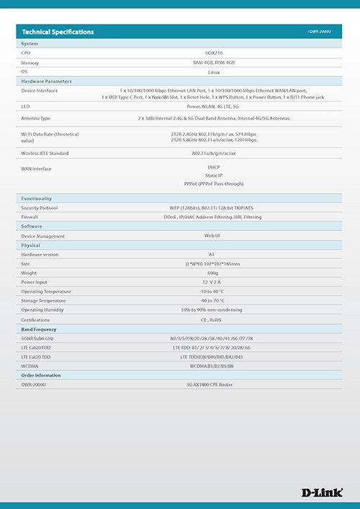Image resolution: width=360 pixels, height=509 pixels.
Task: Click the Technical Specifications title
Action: click(x=58, y=32)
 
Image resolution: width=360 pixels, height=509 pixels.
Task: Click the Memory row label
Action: click(x=30, y=63)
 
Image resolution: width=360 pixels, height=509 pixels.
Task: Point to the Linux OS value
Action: click(x=213, y=72)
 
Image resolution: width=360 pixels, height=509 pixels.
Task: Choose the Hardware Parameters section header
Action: click(x=46, y=81)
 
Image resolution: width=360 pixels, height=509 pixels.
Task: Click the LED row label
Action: click(x=25, y=106)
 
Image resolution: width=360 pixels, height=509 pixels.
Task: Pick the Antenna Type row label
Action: click(x=36, y=118)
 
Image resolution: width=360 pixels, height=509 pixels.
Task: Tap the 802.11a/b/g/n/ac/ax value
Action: click(x=213, y=153)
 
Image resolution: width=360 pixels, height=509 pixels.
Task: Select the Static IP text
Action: click(x=213, y=175)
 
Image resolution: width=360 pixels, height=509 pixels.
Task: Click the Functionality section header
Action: click(x=37, y=198)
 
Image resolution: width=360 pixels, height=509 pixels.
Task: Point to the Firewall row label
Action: click(x=30, y=217)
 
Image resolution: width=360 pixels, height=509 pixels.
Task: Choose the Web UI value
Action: click(x=212, y=236)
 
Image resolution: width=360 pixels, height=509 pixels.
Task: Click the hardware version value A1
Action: click(x=212, y=255)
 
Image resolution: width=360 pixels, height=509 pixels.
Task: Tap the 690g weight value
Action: click(x=212, y=273)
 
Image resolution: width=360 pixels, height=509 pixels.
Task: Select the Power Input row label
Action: click(x=34, y=282)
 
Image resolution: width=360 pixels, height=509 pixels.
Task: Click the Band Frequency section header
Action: click(x=40, y=329)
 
